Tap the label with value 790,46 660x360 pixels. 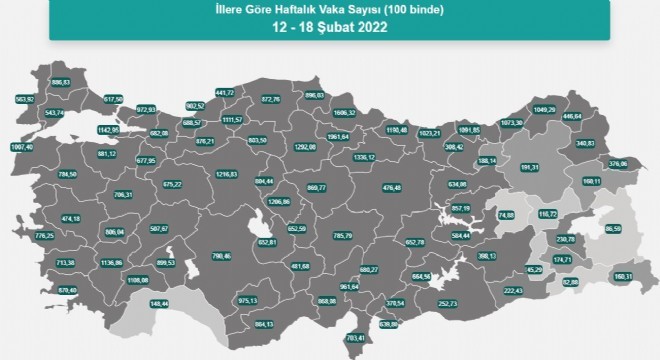(x=221, y=256)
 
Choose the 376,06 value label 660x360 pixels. (x=616, y=164)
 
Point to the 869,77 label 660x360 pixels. (x=317, y=188)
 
